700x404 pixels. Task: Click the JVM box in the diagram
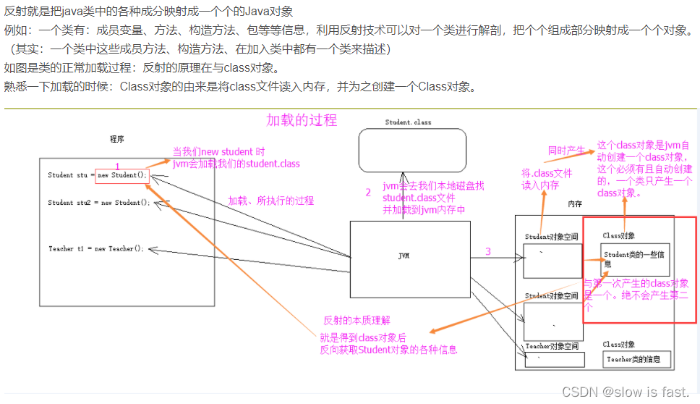[x=409, y=258]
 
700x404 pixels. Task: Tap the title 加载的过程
[x=302, y=120]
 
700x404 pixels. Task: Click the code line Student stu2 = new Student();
[x=99, y=203]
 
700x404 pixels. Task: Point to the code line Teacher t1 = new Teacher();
[x=96, y=249]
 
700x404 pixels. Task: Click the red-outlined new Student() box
[x=122, y=175]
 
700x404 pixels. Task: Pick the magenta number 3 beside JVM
[x=488, y=252]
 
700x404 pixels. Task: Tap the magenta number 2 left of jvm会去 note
[x=367, y=193]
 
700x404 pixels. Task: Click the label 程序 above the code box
[x=118, y=138]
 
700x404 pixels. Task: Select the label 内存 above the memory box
[x=576, y=205]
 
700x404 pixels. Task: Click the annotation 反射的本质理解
[x=357, y=321]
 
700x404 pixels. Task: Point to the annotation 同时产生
[x=566, y=151]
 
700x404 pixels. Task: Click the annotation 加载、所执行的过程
[x=271, y=201]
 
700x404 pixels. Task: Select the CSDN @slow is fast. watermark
[x=626, y=392]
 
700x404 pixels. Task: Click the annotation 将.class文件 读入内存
[x=547, y=179]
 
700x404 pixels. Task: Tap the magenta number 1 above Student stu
[x=117, y=167]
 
